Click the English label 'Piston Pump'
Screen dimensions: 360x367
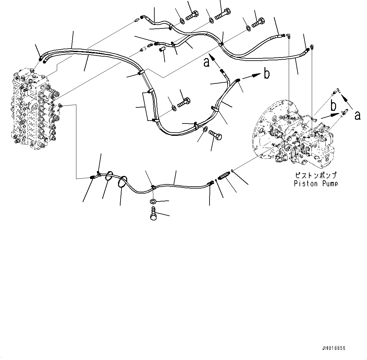316,183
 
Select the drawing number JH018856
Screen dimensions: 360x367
334,348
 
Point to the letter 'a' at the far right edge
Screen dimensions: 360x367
357,116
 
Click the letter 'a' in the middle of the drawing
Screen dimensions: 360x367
206,63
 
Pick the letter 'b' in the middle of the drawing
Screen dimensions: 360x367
267,74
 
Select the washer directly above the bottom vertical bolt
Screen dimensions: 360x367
153,201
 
